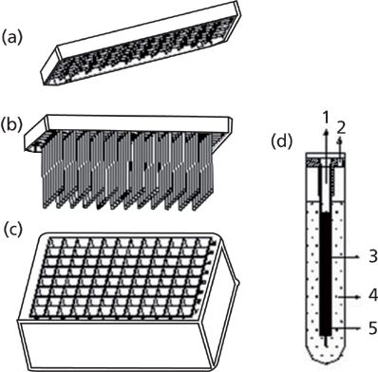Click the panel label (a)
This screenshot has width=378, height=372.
tap(12, 38)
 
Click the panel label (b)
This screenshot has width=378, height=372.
tap(12, 125)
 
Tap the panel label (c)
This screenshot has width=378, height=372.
tap(12, 230)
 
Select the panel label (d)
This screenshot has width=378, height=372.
tap(282, 141)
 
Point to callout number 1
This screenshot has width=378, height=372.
tap(325, 119)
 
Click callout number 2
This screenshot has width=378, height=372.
tap(341, 129)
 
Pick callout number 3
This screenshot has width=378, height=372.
tap(373, 256)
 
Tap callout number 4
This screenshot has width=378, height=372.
tap(373, 296)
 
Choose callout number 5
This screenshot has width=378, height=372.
tap(373, 328)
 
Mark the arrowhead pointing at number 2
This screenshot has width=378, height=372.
tap(340, 141)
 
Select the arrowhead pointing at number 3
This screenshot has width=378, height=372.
tap(358, 257)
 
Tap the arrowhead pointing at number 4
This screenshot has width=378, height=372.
tap(358, 297)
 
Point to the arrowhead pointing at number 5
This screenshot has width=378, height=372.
tap(358, 328)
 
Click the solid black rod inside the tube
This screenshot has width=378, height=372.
tap(326, 273)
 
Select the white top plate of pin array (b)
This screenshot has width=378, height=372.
tap(139, 123)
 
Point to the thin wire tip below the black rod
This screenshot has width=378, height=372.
tap(326, 341)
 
